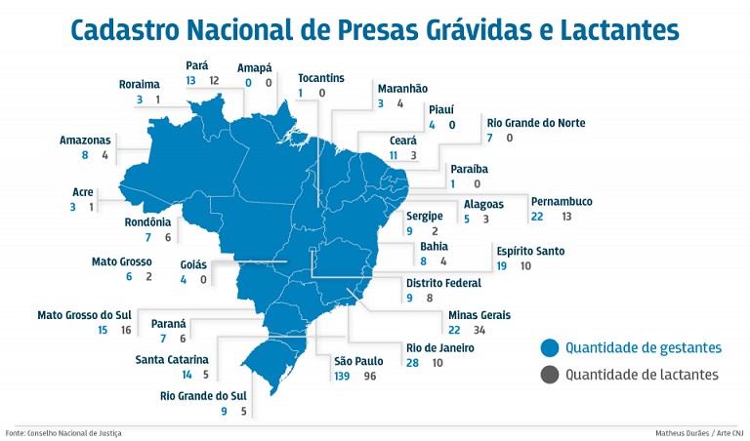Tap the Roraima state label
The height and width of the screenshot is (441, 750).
pos(140,84)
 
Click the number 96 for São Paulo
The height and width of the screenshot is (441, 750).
pos(371,376)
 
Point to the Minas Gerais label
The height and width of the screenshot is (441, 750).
pos(479,316)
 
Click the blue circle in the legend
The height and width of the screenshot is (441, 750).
pos(550,347)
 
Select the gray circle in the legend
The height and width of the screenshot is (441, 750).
pos(550,375)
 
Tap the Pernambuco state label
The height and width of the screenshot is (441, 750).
pos(562,202)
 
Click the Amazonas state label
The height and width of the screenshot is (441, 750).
pos(84,140)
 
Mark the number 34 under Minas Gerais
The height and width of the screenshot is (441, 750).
pos(479,331)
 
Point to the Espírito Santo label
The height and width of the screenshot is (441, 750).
pos(530,252)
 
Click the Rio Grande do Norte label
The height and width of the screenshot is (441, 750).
pos(536,123)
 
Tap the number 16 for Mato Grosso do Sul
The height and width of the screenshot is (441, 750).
pos(125,331)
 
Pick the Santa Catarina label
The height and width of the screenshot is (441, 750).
pos(172,359)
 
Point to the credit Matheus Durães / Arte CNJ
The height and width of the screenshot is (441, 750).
pos(700,432)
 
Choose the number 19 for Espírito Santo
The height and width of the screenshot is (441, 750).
pos(502,265)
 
